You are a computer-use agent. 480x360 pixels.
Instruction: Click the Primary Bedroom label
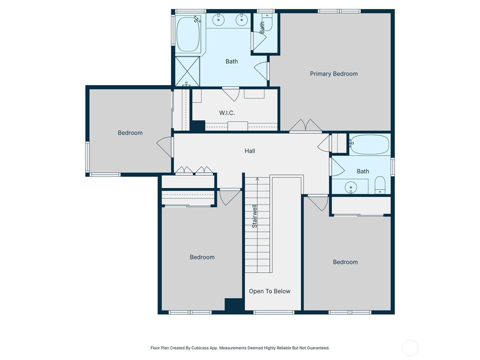tap(334, 74)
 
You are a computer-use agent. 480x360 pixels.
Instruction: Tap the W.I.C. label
tap(227, 113)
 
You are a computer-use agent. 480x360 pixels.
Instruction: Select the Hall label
tap(250, 151)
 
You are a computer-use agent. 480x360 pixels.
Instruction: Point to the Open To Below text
tap(270, 291)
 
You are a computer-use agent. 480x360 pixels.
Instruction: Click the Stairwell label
tap(254, 216)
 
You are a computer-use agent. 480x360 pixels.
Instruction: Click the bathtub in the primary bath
tap(188, 34)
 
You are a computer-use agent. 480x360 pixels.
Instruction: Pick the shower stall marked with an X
tap(187, 71)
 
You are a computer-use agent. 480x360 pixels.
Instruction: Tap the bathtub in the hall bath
tap(369, 144)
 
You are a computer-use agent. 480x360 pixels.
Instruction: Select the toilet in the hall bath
tap(380, 185)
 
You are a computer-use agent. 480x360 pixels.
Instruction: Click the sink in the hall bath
tap(351, 187)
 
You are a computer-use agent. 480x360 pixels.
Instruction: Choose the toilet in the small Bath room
tap(267, 22)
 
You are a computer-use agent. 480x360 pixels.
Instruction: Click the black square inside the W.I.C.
tap(198, 126)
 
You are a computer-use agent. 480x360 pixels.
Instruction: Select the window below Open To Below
tap(274, 312)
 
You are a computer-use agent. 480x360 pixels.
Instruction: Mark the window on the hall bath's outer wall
tap(393, 167)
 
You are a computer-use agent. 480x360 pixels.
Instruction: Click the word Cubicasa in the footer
tap(200, 348)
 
